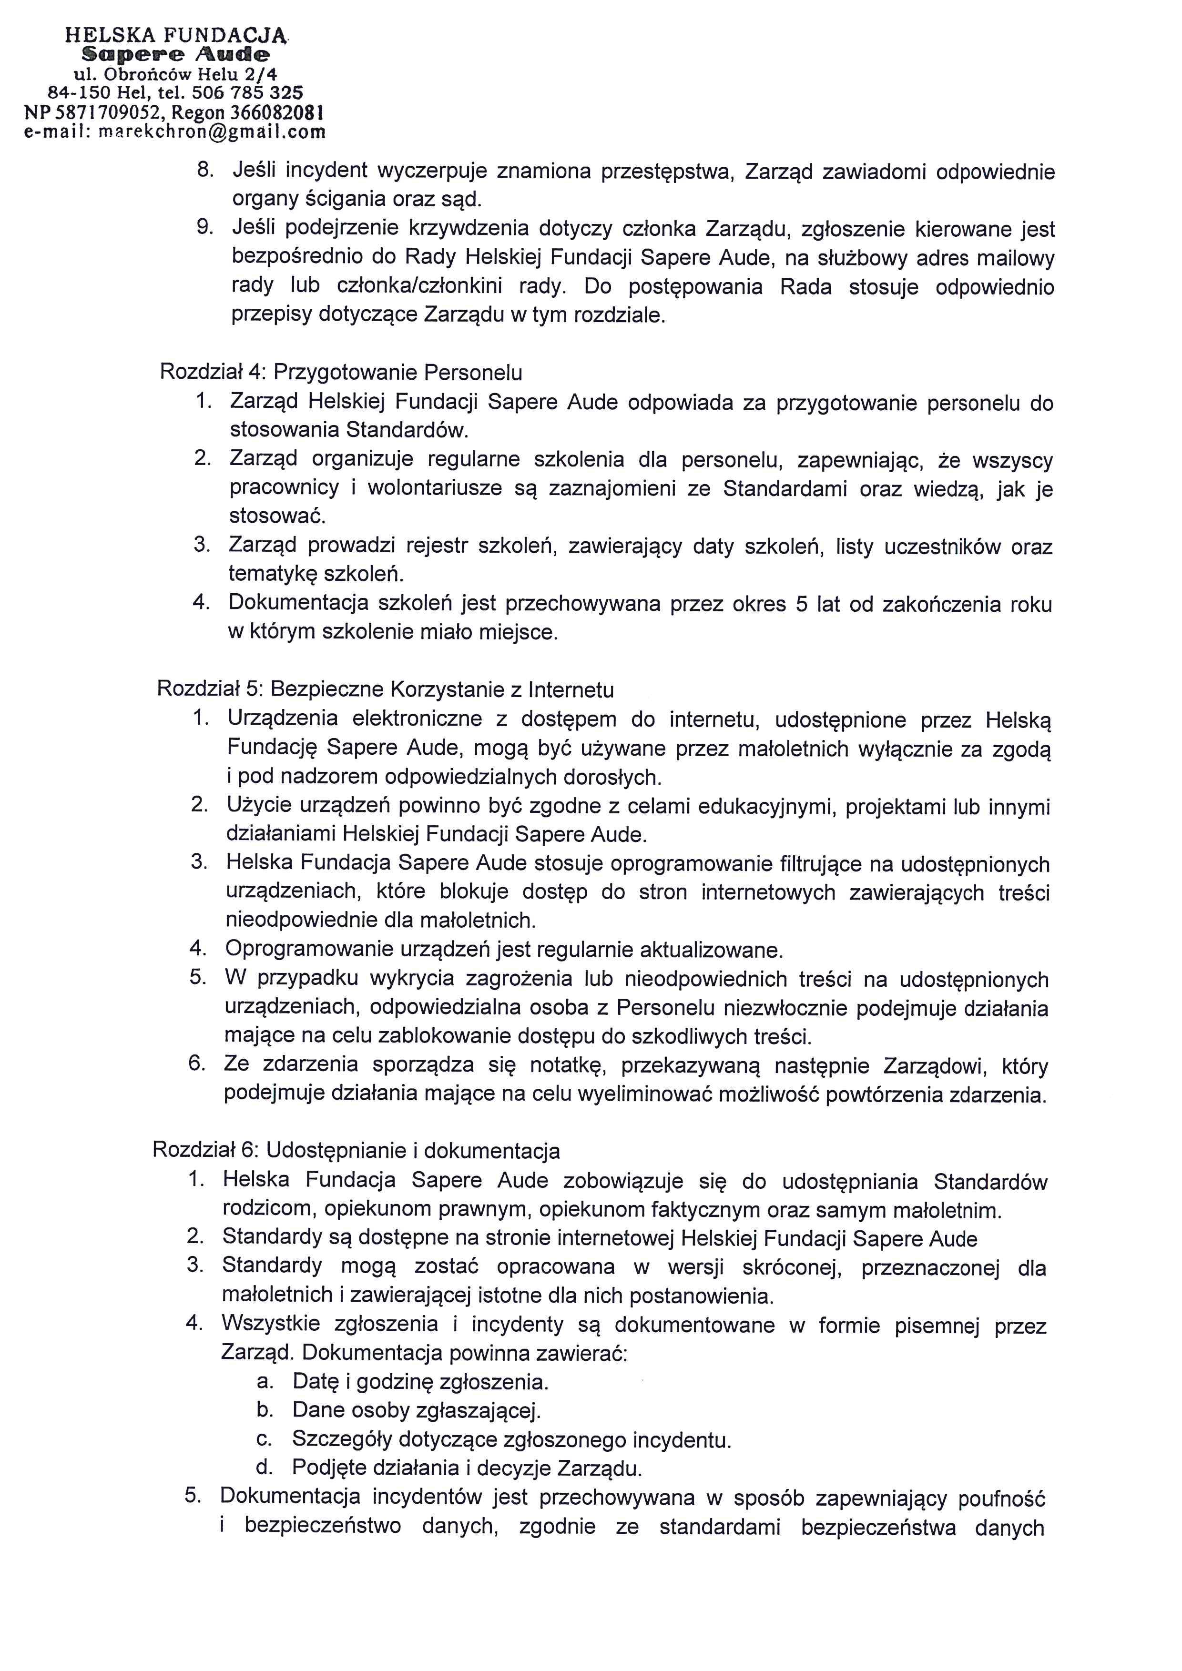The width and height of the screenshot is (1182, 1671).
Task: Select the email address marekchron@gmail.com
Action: click(212, 132)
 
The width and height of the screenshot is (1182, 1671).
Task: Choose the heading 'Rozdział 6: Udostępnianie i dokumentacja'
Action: click(356, 1151)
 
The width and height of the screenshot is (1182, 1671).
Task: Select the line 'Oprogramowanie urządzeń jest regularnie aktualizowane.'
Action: click(504, 950)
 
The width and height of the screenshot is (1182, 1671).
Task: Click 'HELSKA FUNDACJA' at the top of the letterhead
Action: click(175, 34)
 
